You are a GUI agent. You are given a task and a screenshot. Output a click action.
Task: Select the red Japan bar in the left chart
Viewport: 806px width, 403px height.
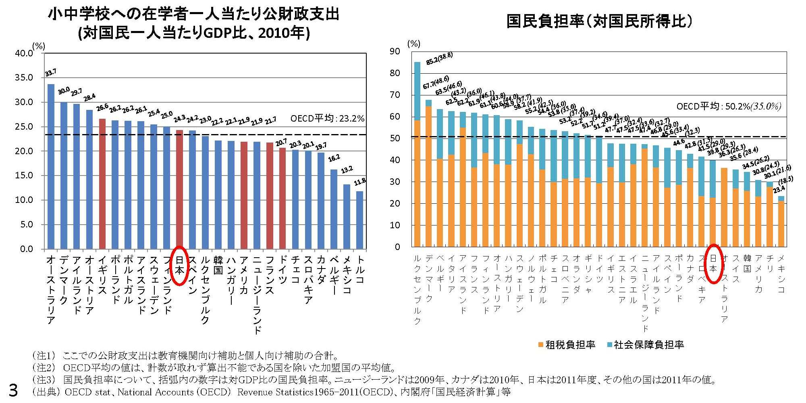[x=179, y=189]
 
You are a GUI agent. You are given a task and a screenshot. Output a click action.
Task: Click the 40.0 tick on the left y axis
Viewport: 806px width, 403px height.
[x=24, y=54]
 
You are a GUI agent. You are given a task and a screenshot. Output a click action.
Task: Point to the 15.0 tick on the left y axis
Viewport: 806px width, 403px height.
[x=24, y=176]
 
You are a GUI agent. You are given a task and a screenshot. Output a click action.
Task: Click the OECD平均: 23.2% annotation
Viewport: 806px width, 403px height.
[x=327, y=119]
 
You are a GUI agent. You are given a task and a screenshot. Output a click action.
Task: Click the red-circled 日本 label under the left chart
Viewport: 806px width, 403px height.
[x=179, y=265]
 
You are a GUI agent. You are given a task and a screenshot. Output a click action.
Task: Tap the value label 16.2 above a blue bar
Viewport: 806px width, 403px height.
[x=334, y=158]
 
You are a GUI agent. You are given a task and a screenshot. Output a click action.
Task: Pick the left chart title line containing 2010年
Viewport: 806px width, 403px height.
[x=194, y=33]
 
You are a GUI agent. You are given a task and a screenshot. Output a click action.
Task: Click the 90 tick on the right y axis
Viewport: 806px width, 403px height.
[x=395, y=52]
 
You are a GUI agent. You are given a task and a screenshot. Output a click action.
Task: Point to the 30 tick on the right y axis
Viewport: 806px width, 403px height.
[x=395, y=182]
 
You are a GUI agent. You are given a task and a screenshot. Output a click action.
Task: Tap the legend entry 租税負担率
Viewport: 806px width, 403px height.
[x=567, y=345]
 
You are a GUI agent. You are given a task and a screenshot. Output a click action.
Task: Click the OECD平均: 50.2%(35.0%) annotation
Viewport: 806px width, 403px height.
[x=729, y=107]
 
